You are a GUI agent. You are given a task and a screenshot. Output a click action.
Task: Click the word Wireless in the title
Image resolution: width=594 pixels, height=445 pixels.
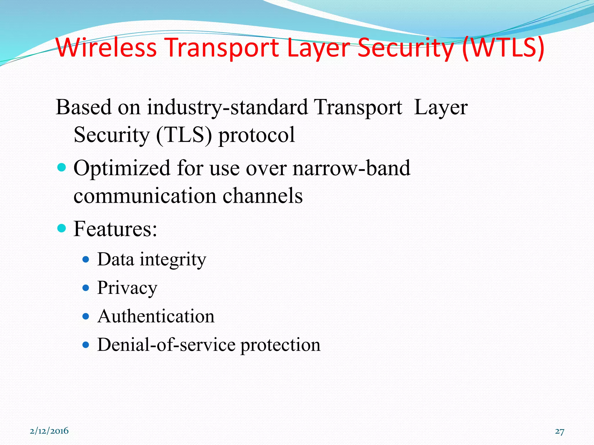point(106,48)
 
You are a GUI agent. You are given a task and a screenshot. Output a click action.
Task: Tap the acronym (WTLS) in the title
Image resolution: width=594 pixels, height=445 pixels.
point(504,48)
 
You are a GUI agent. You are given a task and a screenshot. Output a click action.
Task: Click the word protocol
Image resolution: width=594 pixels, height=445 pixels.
point(257,135)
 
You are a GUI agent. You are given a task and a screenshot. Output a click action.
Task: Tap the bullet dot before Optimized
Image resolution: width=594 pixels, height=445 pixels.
point(62,167)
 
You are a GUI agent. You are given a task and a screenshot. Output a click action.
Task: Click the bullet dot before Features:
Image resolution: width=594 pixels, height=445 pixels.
point(62,228)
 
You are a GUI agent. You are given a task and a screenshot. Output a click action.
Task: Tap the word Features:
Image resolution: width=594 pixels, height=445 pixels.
point(115,229)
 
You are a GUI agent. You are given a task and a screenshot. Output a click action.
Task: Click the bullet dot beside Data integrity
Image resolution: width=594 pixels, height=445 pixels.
point(86,259)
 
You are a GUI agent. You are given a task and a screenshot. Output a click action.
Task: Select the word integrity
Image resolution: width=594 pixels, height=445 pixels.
point(173,260)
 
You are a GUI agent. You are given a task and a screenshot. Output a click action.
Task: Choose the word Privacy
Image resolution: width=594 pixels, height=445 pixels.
point(127,288)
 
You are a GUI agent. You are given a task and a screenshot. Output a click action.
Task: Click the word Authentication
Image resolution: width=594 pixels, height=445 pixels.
point(156,316)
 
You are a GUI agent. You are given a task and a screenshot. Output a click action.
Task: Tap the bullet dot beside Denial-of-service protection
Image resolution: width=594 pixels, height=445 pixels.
point(86,345)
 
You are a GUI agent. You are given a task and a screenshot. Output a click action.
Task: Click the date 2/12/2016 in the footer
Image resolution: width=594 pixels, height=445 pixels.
point(49,431)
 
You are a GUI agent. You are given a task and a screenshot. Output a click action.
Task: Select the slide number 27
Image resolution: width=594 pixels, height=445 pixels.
point(559,432)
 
